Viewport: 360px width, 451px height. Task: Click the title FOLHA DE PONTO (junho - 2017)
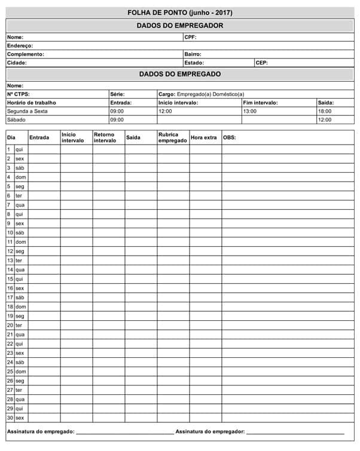(180, 13)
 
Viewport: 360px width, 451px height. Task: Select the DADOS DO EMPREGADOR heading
(180, 26)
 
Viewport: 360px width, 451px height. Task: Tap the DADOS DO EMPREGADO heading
(180, 74)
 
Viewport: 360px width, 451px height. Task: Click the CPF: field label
(190, 37)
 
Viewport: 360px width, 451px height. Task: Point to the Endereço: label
(20, 45)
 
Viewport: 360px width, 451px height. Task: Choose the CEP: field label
(261, 62)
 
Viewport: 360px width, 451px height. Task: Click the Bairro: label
(193, 54)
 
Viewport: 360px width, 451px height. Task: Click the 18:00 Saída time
(325, 111)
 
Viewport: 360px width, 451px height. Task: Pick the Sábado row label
(17, 119)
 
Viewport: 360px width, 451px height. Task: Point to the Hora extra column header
(203, 138)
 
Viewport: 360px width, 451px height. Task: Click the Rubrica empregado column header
(172, 138)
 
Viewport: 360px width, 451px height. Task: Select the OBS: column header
(229, 138)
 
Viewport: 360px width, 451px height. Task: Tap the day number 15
(10, 279)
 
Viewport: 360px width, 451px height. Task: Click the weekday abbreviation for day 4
(20, 177)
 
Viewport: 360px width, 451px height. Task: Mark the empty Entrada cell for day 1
(44, 149)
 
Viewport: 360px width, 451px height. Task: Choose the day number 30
(10, 418)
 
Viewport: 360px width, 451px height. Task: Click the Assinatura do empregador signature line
(295, 432)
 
